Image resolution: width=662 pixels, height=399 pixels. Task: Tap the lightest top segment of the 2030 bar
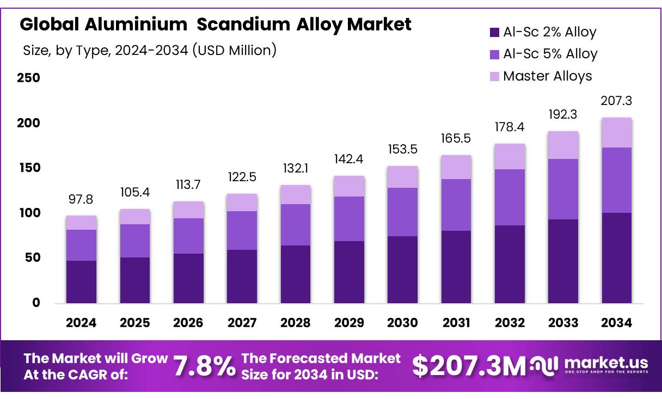click(402, 177)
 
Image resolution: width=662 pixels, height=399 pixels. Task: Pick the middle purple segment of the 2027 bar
click(242, 230)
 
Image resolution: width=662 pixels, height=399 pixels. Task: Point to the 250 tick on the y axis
click(29, 78)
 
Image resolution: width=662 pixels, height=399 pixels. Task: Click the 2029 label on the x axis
click(349, 323)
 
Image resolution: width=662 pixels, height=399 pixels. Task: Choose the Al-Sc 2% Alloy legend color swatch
click(494, 33)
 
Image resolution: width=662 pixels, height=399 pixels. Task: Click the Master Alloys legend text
click(547, 76)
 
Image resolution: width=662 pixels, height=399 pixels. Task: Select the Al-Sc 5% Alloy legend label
click(550, 54)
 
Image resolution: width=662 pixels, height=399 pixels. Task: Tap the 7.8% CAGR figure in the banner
click(205, 366)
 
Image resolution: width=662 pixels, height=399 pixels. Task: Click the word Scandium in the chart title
click(244, 24)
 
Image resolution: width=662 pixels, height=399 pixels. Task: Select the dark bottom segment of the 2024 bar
click(81, 281)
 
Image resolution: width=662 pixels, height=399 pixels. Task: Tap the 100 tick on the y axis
click(29, 213)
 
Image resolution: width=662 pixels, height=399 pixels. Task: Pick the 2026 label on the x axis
click(188, 323)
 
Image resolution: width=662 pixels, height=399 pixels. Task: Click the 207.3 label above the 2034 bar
click(616, 101)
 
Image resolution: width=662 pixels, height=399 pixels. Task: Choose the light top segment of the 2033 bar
click(563, 145)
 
